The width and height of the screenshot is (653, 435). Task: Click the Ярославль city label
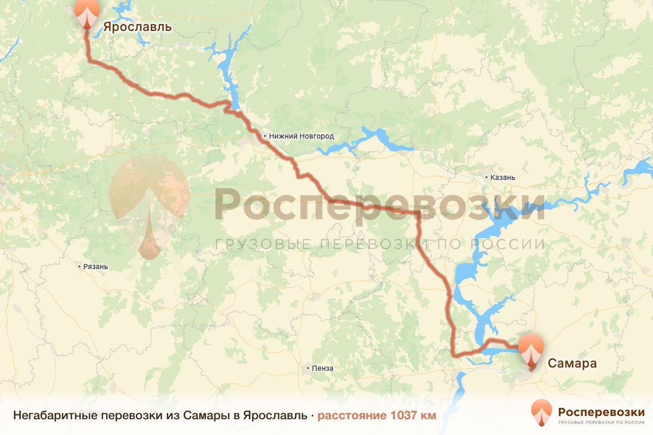coord(137,27)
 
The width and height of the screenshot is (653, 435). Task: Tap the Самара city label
coord(572,363)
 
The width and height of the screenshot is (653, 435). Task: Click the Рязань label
coord(95,267)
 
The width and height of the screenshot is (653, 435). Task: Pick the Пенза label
coord(323,368)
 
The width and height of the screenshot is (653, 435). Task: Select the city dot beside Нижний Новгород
coord(265,136)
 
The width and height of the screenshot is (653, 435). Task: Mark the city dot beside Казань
coord(487,177)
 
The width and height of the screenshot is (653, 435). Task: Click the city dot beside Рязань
coord(79,267)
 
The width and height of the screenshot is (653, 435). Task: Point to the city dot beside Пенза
coord(309,368)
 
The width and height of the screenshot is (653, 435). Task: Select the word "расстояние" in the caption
coord(353,416)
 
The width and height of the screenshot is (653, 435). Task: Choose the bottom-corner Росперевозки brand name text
coord(601,411)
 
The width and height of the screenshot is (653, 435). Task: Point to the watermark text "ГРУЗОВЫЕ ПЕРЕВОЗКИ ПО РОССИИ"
coord(380,244)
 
